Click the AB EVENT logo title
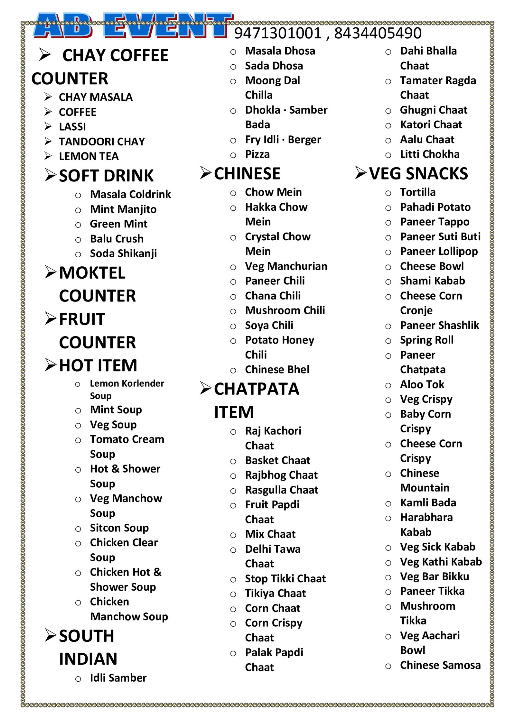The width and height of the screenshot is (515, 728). [133, 26]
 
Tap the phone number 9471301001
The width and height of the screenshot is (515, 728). [277, 33]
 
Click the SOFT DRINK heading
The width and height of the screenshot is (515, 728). [106, 176]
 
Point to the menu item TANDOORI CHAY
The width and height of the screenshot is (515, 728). [102, 142]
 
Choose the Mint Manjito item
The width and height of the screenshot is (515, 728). [123, 209]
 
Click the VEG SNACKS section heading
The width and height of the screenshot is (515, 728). [418, 174]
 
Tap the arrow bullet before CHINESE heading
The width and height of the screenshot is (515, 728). [206, 173]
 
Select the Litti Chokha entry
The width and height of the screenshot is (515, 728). [429, 154]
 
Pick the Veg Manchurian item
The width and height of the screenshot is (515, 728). [286, 266]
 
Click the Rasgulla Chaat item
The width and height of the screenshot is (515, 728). [281, 490]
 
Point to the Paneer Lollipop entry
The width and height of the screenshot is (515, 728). [439, 252]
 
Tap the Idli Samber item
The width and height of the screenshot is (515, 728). [118, 678]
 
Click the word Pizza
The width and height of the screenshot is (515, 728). [257, 154]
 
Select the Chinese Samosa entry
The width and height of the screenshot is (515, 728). [440, 665]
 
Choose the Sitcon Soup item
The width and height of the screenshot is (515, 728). [119, 528]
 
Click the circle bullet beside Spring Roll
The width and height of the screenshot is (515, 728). [388, 341]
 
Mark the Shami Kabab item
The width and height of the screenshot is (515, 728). [432, 281]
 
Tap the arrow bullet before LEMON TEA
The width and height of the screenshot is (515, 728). [48, 156]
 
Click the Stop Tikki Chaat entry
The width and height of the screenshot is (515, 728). [285, 579]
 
